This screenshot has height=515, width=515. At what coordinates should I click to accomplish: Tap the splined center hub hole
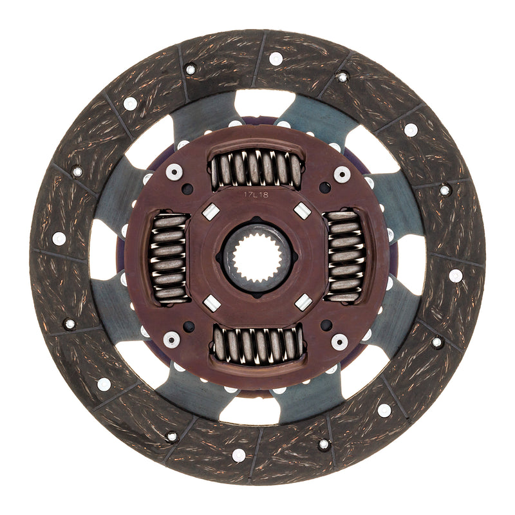[257, 257]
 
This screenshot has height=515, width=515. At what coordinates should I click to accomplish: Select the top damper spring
[257, 169]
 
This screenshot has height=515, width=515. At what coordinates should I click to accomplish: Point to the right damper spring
[344, 256]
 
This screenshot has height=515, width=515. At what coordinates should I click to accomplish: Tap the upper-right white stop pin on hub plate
[342, 174]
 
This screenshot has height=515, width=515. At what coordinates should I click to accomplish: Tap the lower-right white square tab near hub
[302, 303]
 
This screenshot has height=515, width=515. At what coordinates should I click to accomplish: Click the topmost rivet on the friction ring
[276, 59]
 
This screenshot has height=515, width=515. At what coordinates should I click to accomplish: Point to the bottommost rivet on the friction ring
[239, 455]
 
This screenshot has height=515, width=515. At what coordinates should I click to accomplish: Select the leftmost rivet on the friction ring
[59, 238]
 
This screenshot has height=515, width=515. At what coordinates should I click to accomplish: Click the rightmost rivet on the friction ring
[456, 276]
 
